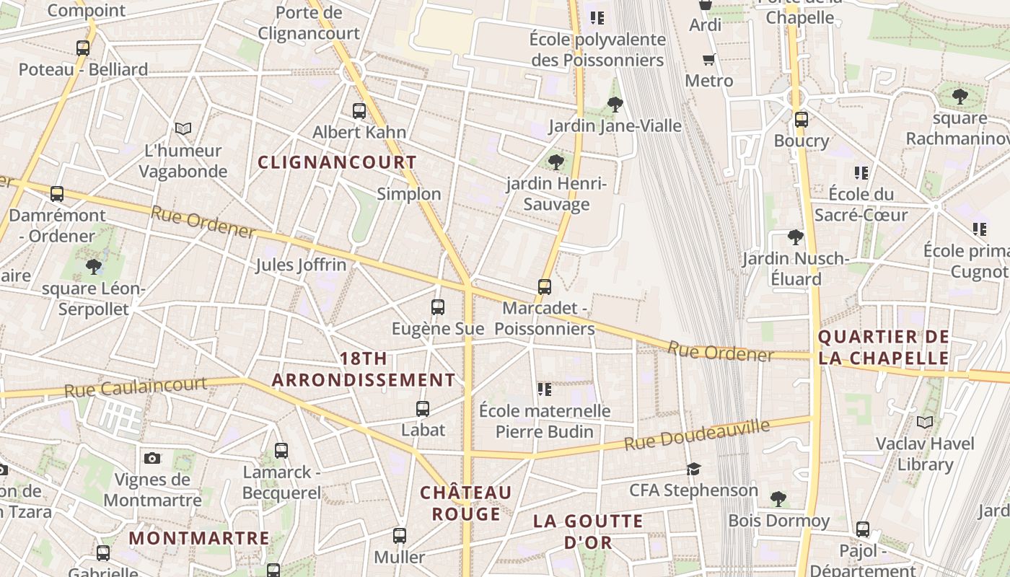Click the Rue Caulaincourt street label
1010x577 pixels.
click(x=136, y=387)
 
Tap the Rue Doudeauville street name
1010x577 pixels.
click(x=697, y=434)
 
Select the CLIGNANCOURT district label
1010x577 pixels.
click(x=338, y=162)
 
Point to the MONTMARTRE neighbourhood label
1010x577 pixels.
click(x=199, y=538)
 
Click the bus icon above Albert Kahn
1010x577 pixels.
click(x=359, y=111)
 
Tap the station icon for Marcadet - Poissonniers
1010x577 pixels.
click(x=545, y=287)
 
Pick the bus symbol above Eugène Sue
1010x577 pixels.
click(x=437, y=307)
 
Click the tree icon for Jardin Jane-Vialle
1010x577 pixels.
click(x=615, y=105)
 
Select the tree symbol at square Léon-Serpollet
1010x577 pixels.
click(x=94, y=267)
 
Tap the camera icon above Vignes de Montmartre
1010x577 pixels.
click(x=151, y=458)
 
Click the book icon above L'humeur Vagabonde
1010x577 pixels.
click(x=183, y=129)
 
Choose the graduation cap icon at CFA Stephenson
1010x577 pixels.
click(x=693, y=470)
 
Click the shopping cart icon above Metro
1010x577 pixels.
click(x=708, y=60)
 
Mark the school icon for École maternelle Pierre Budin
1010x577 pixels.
click(x=544, y=389)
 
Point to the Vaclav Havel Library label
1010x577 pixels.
click(x=925, y=454)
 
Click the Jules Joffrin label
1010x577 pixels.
click(x=301, y=265)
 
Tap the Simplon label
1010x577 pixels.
click(x=409, y=194)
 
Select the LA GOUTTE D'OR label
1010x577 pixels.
click(x=587, y=532)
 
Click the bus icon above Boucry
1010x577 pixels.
click(x=801, y=120)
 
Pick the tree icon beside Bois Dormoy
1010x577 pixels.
click(x=778, y=498)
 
